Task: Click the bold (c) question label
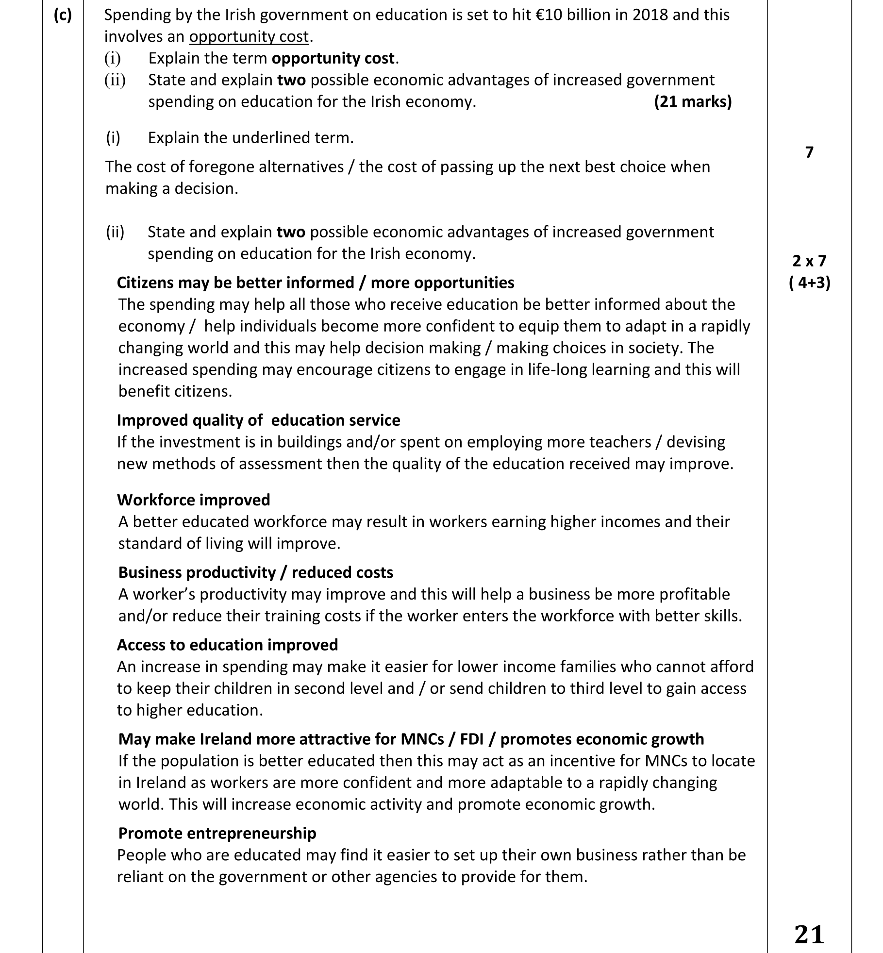coord(63,15)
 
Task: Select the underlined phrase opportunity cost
coord(249,37)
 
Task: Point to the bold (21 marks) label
coord(693,101)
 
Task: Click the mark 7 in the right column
coord(809,152)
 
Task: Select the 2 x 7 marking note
coord(809,261)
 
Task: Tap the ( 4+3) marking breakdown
coord(809,283)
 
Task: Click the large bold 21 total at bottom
coord(809,935)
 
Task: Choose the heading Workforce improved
coord(194,500)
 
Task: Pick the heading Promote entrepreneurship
coord(217,833)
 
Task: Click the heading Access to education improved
coord(227,645)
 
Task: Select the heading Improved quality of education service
coord(258,420)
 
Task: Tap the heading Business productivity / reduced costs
coord(255,572)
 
